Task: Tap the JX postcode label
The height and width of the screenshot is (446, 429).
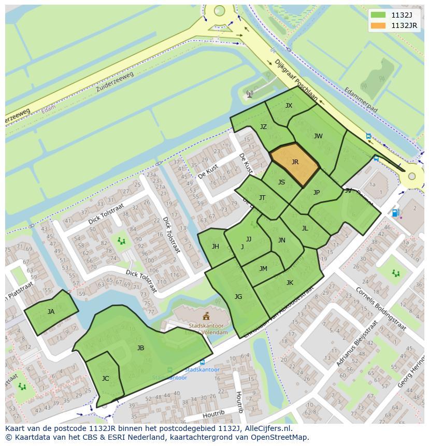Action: tap(289, 106)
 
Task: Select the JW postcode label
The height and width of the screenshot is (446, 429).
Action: tap(318, 136)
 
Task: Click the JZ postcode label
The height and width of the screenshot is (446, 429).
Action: tap(263, 127)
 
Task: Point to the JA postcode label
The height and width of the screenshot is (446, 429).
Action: tap(51, 312)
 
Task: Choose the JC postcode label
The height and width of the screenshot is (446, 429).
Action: tap(105, 379)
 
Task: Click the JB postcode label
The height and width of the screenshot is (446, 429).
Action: tap(140, 348)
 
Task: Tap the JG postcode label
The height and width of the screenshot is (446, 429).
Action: tap(238, 297)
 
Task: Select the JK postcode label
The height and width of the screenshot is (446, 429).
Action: tap(290, 283)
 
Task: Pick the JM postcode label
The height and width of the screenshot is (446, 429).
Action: tap(263, 268)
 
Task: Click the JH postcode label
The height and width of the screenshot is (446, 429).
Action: tap(215, 247)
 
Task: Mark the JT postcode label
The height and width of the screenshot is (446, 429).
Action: tap(262, 198)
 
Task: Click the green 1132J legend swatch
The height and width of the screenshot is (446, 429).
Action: tap(379, 15)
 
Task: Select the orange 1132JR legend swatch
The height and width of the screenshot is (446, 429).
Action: tap(379, 25)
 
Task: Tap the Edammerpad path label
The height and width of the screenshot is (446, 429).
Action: tap(361, 99)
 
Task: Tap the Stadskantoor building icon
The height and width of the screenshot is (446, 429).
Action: tap(206, 316)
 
